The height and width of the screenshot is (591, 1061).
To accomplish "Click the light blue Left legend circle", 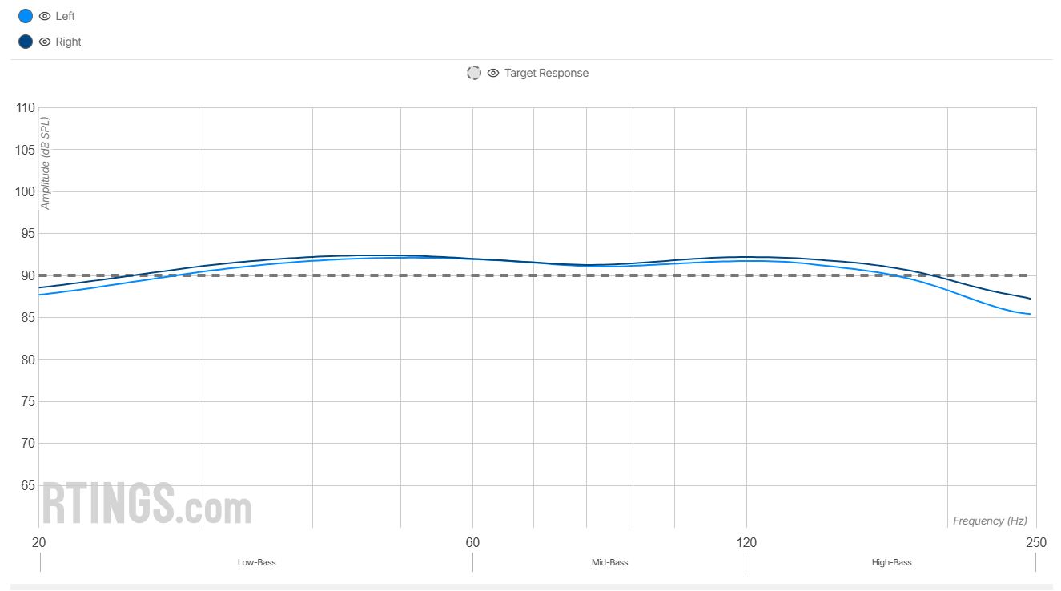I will coord(26,16).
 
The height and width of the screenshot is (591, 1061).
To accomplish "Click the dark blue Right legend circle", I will coord(26,42).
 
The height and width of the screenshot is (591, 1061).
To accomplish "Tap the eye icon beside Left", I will coord(45,16).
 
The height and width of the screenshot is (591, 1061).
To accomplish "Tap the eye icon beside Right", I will coord(45,42).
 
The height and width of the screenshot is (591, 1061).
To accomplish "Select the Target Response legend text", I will coord(546,73).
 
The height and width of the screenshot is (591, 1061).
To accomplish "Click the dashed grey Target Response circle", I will coord(474,73).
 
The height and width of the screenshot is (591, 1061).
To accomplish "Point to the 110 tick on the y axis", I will coord(26,108).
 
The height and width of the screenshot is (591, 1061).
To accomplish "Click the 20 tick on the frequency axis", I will coord(38,542).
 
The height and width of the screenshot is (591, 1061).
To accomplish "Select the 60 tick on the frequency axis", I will coord(472,542).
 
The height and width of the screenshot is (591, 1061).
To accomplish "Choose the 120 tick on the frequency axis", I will coord(746,542).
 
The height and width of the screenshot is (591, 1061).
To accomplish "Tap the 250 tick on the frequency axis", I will coord(1036,542).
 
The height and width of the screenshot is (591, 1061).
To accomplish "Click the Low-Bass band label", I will coord(256,562).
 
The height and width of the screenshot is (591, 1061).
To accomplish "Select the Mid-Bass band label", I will coord(609,562).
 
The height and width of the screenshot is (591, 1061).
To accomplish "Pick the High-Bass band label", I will coord(891,562).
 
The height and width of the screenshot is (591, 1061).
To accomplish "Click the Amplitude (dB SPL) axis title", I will coord(46,163).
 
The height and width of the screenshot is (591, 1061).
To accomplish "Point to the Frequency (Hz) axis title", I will coord(990,521).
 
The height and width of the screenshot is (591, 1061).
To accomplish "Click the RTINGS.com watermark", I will coord(147,503).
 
